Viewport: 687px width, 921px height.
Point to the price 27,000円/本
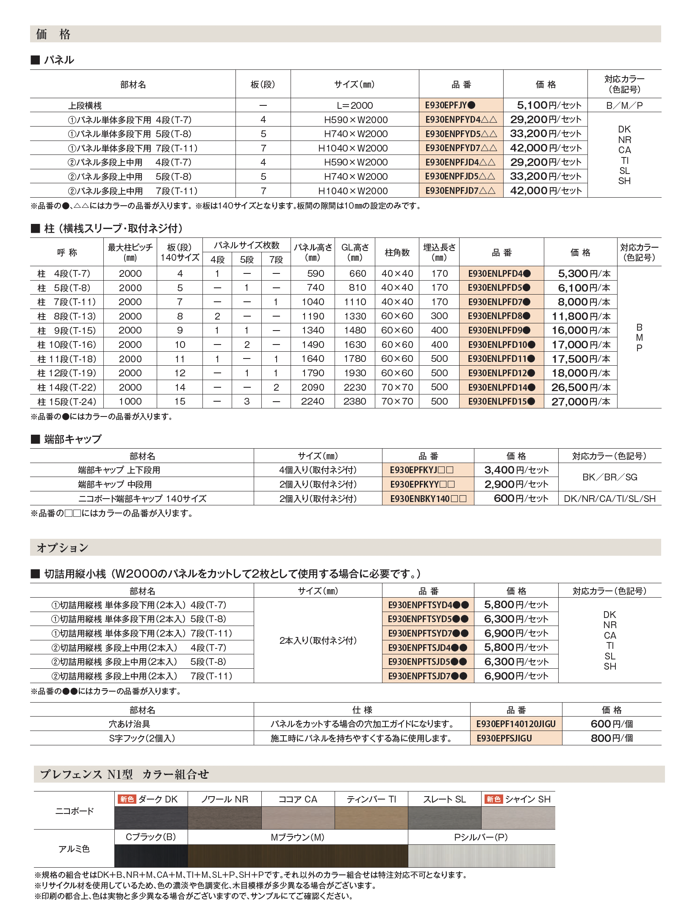click(581, 402)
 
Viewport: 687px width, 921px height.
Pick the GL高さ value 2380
click(355, 402)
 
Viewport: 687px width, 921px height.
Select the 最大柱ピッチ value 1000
click(130, 402)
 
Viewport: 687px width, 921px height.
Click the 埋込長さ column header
click(439, 252)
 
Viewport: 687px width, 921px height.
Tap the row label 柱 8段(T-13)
click(66, 316)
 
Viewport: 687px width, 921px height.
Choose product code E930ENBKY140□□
click(428, 499)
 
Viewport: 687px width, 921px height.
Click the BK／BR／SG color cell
click(609, 477)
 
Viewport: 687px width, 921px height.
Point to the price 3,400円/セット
click(516, 470)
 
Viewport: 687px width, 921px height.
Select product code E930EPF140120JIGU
click(515, 724)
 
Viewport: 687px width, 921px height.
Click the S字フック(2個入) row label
click(142, 739)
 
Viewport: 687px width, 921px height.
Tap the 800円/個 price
click(612, 739)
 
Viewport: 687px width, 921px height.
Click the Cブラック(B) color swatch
click(151, 856)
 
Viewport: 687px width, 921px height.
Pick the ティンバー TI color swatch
click(371, 818)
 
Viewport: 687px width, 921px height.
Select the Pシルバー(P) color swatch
click(481, 856)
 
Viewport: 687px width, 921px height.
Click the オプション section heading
click(63, 548)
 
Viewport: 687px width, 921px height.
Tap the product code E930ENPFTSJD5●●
click(427, 662)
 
